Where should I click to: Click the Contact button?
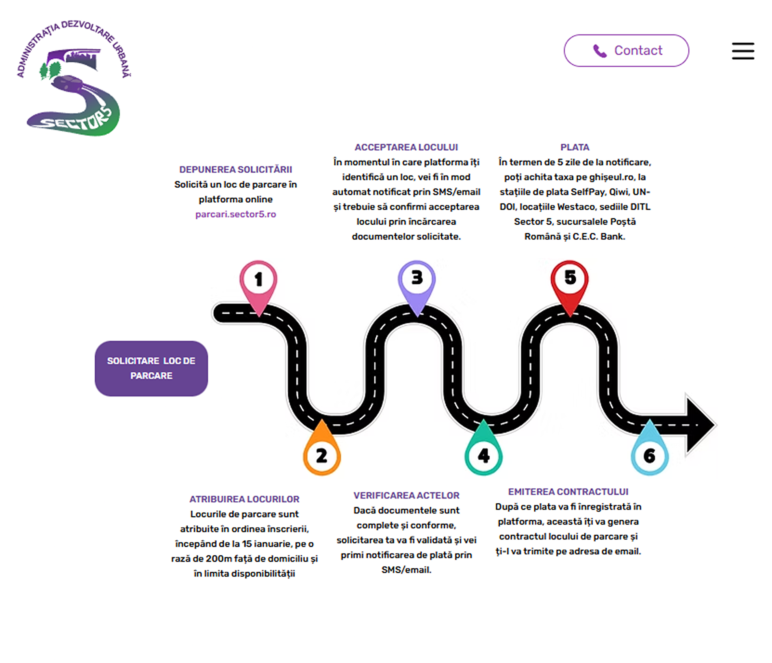[626, 51]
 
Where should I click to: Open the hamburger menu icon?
[743, 51]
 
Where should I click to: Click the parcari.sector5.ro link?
[236, 214]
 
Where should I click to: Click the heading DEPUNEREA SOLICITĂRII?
[236, 170]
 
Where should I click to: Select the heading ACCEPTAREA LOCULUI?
[406, 147]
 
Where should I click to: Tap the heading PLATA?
[575, 147]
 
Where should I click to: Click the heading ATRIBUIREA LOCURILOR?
[244, 499]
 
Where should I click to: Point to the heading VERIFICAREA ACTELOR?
[406, 496]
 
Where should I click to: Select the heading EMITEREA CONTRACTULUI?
[568, 492]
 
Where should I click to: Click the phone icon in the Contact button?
[600, 51]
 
